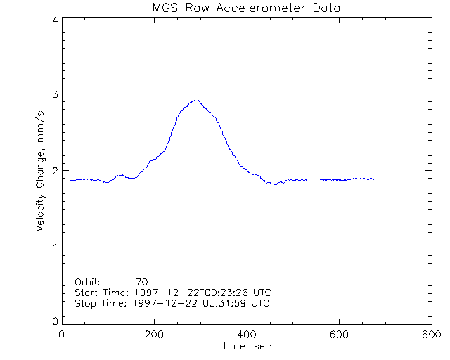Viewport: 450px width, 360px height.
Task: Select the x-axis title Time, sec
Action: pos(246,346)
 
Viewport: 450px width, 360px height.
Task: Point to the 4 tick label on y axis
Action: pos(54,20)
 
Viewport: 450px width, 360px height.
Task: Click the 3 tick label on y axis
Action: pos(54,94)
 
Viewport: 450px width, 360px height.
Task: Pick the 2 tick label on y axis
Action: pos(54,171)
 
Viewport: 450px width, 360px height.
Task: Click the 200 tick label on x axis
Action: pos(154,335)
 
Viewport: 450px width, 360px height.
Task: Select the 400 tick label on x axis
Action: pos(247,335)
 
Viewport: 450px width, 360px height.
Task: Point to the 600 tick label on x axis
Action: pos(339,335)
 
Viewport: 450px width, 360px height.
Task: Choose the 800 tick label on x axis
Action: pos(431,335)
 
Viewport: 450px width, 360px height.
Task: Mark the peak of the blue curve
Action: pos(198,101)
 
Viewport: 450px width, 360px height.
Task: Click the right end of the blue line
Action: pos(373,179)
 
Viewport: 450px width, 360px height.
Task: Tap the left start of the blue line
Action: pos(70,181)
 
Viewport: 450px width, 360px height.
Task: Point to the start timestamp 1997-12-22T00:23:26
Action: pos(192,292)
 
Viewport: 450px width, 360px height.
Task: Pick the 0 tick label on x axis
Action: pos(63,335)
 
